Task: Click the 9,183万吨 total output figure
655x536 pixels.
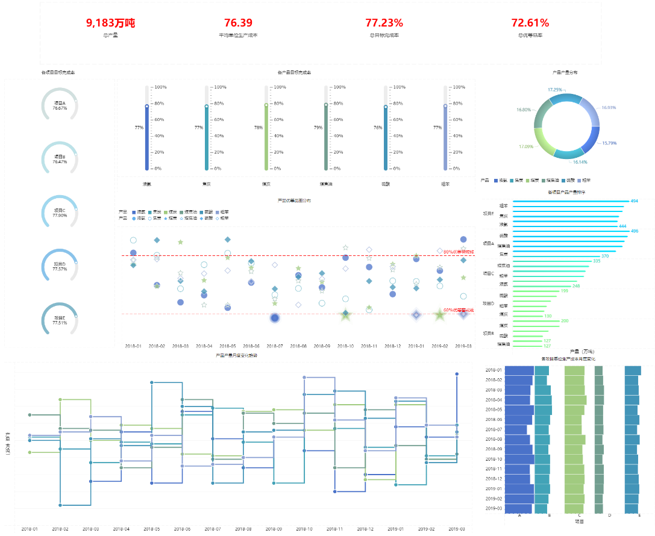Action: tap(110, 23)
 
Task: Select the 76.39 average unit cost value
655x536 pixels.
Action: tap(238, 23)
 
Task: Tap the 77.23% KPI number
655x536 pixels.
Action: tap(384, 23)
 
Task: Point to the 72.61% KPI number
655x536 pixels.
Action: tap(530, 23)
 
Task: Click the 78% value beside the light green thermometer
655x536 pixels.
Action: tap(258, 128)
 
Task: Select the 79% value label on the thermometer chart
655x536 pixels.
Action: tap(318, 128)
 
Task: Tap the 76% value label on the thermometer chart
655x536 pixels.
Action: tap(378, 128)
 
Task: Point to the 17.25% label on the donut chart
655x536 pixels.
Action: tap(555, 90)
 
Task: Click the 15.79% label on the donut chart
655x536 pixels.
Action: tap(610, 143)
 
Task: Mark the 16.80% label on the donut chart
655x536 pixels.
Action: tap(524, 110)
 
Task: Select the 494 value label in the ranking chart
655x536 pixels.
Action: tap(634, 201)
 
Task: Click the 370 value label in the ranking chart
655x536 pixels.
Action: tap(621, 257)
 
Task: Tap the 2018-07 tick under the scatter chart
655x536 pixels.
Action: tap(275, 346)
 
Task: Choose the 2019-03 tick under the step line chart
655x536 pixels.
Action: tap(457, 529)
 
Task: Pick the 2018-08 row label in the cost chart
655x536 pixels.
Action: tap(494, 439)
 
